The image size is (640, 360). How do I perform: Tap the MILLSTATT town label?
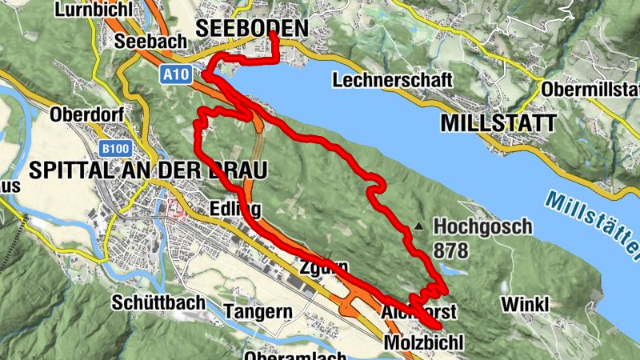pyautogui.click(x=498, y=123)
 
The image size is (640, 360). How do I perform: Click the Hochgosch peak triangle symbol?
pyautogui.click(x=418, y=226)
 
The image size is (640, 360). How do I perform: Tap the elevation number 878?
pyautogui.click(x=450, y=250)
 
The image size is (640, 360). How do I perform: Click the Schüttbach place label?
pyautogui.click(x=158, y=303)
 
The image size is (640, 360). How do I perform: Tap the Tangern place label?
pyautogui.click(x=255, y=311)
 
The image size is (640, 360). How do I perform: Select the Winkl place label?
pyautogui.click(x=525, y=304)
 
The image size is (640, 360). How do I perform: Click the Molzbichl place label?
pyautogui.click(x=423, y=342)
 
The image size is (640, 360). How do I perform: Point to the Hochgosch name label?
pyautogui.click(x=482, y=226)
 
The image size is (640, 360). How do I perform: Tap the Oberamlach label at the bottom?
pyautogui.click(x=296, y=355)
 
